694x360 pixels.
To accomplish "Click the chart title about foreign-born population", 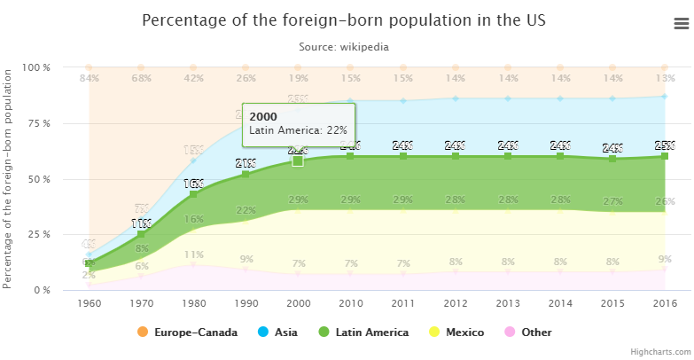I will click(343, 20).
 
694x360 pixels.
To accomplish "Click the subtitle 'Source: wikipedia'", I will click(343, 46).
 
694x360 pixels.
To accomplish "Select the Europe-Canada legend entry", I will click(187, 333).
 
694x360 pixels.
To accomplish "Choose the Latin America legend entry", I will click(363, 333).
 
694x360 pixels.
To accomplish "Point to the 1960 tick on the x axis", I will click(89, 302).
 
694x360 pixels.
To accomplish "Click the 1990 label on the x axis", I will click(246, 302).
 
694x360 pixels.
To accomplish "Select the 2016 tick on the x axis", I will click(664, 302).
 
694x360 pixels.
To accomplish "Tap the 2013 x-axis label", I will click(507, 302).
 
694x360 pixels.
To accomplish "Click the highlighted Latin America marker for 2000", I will click(298, 160).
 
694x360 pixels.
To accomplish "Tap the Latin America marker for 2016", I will click(664, 156).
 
